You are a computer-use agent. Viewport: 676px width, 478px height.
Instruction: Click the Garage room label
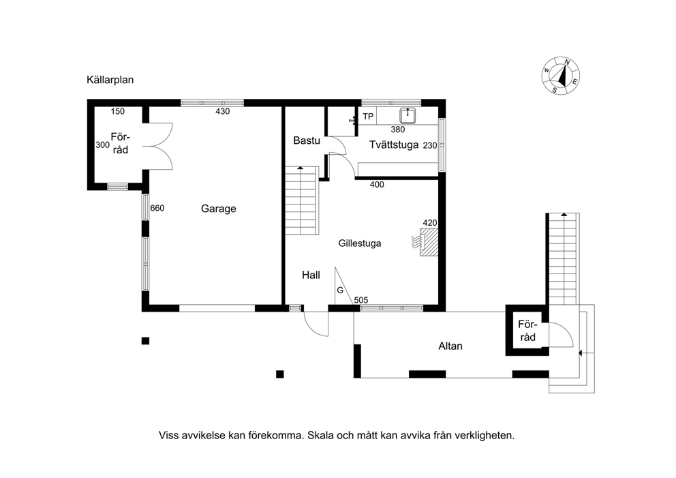pos(219,209)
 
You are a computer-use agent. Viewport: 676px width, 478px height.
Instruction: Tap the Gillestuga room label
pos(360,243)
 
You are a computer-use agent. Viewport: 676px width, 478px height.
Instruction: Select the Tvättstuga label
pos(394,145)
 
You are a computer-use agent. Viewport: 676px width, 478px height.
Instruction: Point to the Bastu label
pos(307,140)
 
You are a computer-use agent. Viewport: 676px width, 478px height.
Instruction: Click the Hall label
pos(311,275)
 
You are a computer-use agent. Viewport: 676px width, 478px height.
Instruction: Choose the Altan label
pos(450,346)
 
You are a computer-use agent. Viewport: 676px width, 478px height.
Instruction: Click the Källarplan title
pos(110,80)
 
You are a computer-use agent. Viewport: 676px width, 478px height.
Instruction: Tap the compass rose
pos(560,76)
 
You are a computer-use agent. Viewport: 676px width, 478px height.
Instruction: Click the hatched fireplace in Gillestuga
pos(429,242)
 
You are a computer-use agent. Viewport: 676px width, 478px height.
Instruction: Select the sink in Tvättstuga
pos(408,116)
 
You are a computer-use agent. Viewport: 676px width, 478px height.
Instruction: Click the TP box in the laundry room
pos(368,117)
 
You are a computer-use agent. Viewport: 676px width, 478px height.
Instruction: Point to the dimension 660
pos(157,209)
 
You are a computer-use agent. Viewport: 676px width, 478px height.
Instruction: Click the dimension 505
pos(361,300)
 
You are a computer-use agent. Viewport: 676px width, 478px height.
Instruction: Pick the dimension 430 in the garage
pos(222,111)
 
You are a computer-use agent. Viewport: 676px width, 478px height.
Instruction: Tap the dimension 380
pos(397,130)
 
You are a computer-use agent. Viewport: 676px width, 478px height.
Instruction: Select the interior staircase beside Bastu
pos(302,200)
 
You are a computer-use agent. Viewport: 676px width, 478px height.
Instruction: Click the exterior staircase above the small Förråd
pos(563,259)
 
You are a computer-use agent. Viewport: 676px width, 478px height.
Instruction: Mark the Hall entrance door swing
pos(316,324)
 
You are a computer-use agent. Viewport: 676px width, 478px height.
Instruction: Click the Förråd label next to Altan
pos(527,331)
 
